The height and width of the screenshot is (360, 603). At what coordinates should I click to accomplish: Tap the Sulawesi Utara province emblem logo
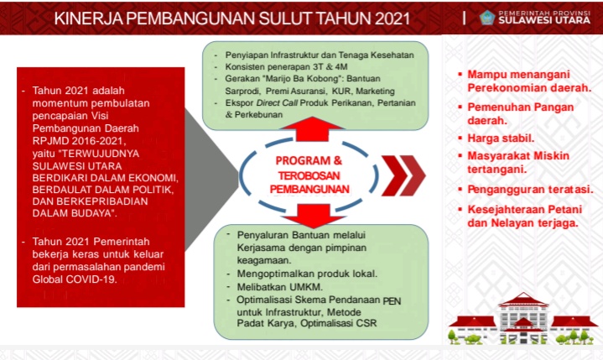tap(487, 18)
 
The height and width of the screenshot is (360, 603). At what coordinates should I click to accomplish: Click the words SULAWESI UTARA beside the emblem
tap(544, 20)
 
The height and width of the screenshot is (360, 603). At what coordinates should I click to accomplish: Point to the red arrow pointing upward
tap(312, 129)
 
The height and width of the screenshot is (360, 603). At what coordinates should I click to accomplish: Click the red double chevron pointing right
tap(403, 175)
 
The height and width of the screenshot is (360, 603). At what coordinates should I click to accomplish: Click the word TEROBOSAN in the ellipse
tap(309, 175)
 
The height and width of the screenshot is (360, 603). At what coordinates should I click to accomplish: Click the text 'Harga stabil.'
tap(501, 138)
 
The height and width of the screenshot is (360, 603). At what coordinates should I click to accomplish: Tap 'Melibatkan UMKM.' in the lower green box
tap(279, 287)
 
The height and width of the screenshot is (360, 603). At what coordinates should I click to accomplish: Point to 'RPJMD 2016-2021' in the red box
tap(79, 141)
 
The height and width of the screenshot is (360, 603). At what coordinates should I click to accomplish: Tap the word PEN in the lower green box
tap(392, 300)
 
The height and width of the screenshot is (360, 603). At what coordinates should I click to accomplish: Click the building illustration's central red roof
tap(523, 299)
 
